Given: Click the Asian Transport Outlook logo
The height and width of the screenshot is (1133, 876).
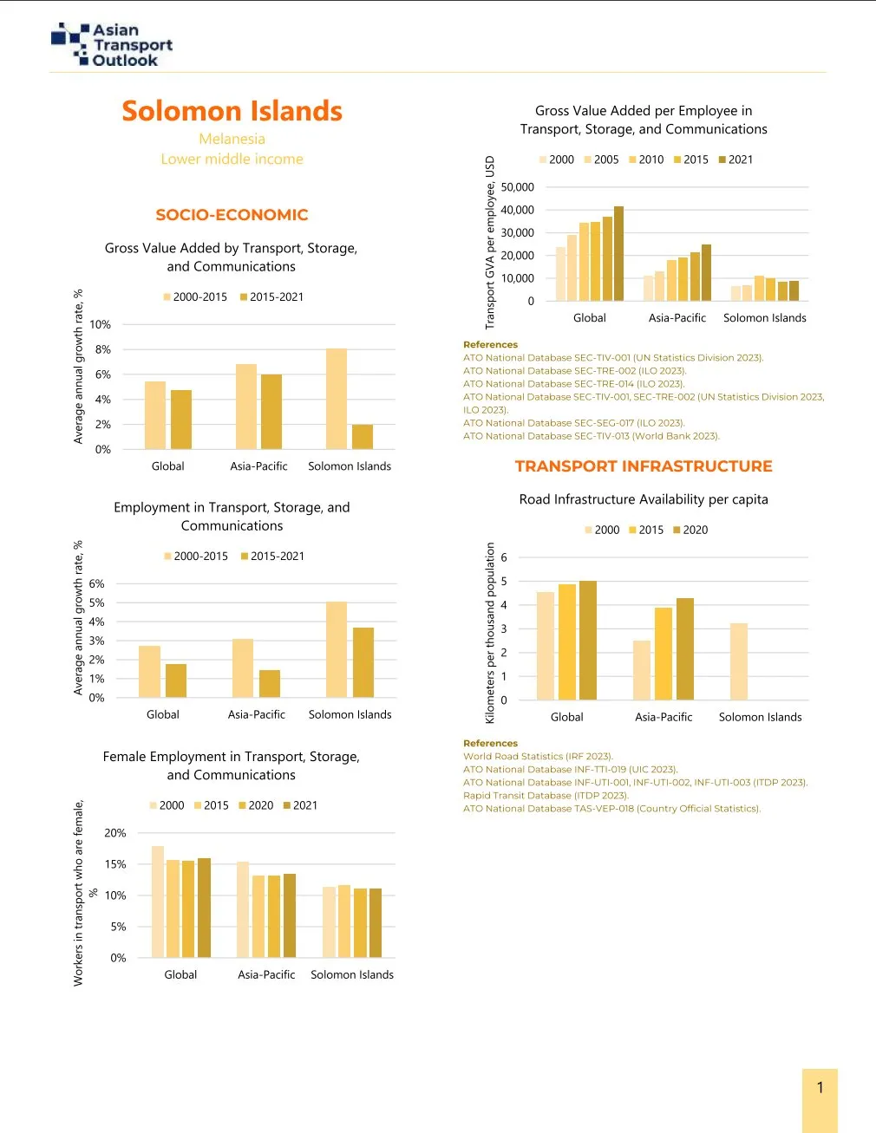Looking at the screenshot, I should click(112, 45).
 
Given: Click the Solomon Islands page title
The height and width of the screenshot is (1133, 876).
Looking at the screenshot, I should click(232, 111).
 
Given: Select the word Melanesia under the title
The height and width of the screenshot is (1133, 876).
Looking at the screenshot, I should click(232, 139).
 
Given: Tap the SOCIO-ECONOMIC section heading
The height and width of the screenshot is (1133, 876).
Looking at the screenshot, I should click(232, 215).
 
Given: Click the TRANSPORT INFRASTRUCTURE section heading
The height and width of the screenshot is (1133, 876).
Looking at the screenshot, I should click(643, 466).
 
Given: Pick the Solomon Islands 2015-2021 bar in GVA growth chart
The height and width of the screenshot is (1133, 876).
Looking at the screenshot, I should click(363, 437).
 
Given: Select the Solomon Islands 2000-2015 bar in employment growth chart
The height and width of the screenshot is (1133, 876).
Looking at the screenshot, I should click(337, 649).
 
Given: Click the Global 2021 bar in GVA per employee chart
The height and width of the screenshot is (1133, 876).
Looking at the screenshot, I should click(618, 254).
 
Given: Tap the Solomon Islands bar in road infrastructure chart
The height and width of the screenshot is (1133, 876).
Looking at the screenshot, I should click(738, 661).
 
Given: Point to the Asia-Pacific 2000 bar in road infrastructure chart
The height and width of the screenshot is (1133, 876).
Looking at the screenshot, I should click(642, 670).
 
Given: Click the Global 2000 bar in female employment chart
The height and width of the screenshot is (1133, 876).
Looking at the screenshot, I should click(158, 902).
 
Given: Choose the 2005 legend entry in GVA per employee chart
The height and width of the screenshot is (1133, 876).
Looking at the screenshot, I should click(605, 160).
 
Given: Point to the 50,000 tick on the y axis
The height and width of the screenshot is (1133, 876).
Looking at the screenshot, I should click(517, 187).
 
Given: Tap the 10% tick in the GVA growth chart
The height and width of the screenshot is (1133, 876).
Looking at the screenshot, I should click(101, 324).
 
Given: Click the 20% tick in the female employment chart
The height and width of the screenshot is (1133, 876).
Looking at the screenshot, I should click(115, 833).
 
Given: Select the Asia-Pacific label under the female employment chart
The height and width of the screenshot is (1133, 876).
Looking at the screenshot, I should click(266, 974).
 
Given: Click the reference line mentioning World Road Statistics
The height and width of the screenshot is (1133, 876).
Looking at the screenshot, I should click(538, 756).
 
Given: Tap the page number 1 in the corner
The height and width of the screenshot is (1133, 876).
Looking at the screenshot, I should click(820, 1088).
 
